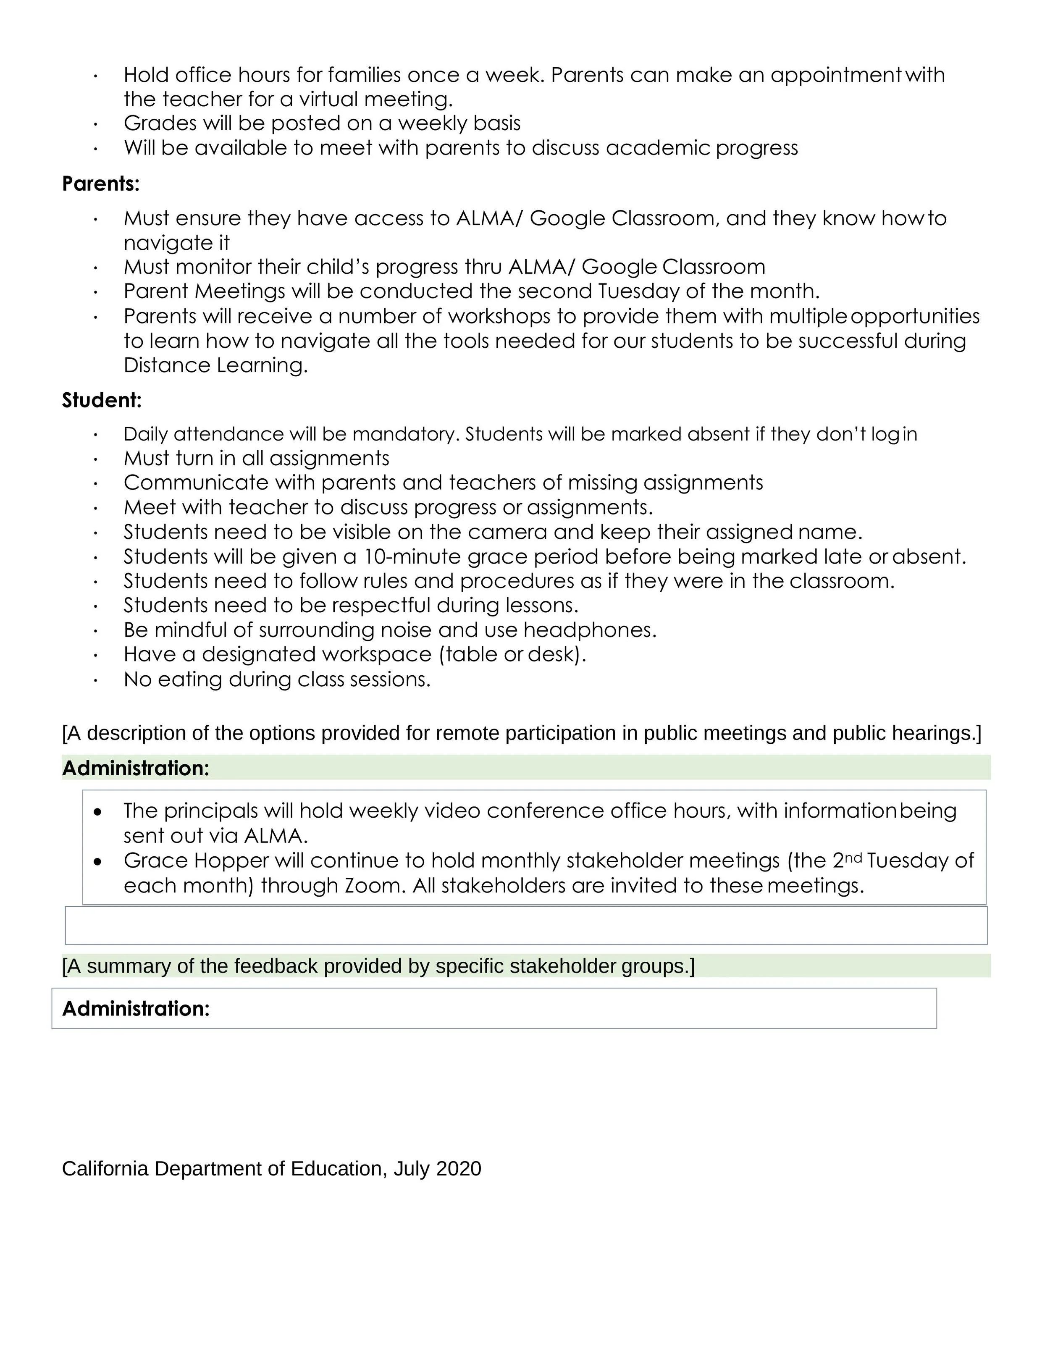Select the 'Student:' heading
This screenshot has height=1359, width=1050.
[102, 400]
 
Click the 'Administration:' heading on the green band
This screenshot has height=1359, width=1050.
[136, 769]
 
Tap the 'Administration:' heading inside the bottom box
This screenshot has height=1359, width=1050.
[136, 1009]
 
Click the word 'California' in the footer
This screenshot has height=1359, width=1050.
[105, 1169]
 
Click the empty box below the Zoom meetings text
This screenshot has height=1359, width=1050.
[526, 926]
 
